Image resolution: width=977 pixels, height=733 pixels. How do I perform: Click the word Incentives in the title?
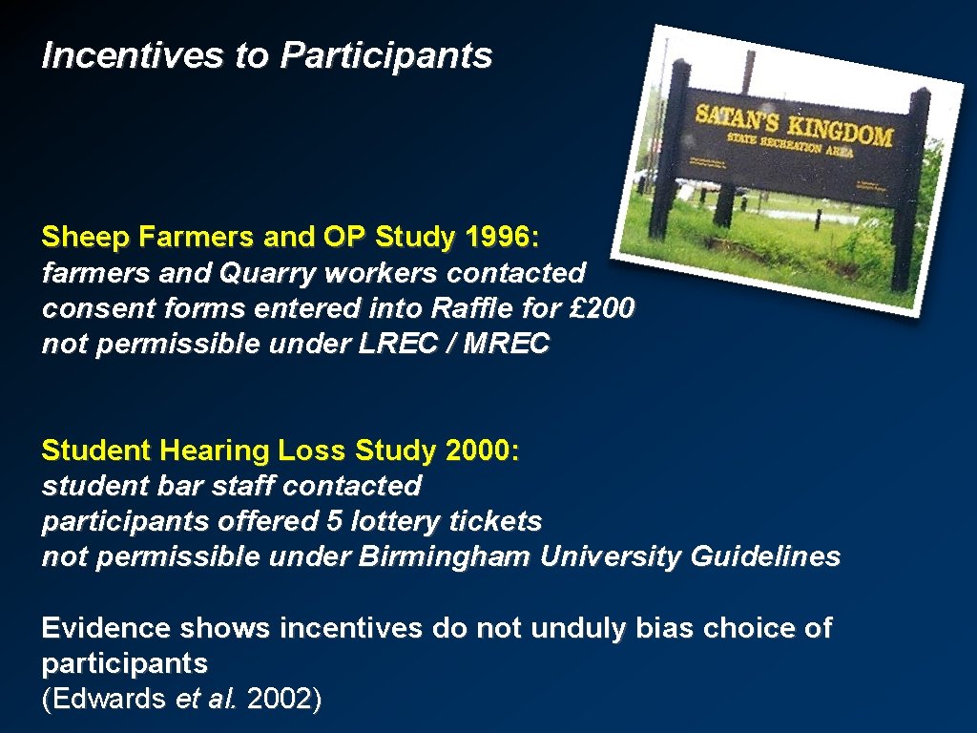(x=129, y=55)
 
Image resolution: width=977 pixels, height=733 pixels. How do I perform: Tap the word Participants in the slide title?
(x=386, y=55)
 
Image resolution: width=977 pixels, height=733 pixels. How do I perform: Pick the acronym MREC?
(x=506, y=344)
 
